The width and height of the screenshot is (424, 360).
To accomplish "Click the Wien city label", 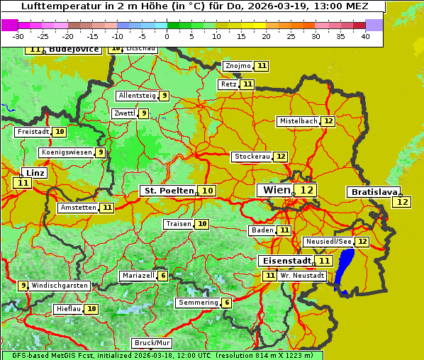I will pos(277,190).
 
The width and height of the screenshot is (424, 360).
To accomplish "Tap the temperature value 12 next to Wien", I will pos(306,190).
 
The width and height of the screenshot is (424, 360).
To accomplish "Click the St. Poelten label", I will pos(168,191).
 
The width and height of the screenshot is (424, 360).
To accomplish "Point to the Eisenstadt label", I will pos(284,261).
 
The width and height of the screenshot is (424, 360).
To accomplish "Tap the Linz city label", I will pos(35,173).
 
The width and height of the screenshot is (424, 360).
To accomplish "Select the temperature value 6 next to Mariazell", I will pos(163,276).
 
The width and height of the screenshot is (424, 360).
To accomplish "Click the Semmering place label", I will pos(198,303).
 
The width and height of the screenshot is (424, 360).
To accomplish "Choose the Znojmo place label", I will pos(238,66).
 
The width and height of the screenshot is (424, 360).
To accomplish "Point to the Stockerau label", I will pos(252,157).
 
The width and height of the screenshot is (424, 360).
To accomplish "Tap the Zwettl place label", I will pos(124,113).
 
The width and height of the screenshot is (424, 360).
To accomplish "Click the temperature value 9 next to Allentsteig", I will pos(164,96).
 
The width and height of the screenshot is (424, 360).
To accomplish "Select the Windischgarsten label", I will pos(60,286).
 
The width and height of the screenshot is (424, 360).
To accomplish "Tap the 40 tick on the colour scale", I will pos(365,36).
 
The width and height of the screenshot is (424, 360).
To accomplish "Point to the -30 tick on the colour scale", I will pos(18,36).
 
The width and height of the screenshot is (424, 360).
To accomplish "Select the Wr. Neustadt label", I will pos(303,275).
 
